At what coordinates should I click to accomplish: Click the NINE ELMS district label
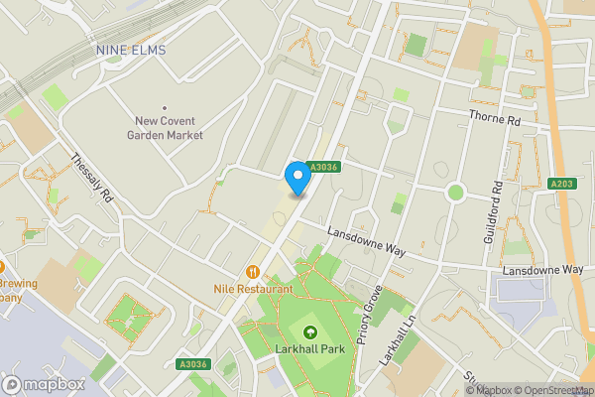tap(130, 50)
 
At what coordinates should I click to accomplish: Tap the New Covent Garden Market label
tap(169, 128)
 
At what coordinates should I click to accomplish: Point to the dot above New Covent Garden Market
tap(165, 108)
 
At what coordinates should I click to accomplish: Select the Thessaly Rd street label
tap(92, 180)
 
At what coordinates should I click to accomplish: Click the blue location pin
tap(296, 177)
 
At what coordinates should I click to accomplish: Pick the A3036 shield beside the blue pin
tap(323, 168)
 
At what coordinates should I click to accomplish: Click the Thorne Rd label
tap(495, 119)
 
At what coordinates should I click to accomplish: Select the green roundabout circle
tap(455, 192)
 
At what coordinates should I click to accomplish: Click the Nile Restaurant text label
tap(252, 289)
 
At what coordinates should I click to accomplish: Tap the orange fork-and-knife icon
tap(253, 271)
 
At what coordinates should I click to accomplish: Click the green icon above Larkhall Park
tap(309, 332)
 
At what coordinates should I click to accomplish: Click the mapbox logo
tap(45, 384)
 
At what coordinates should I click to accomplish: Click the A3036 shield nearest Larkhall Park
tap(193, 364)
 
